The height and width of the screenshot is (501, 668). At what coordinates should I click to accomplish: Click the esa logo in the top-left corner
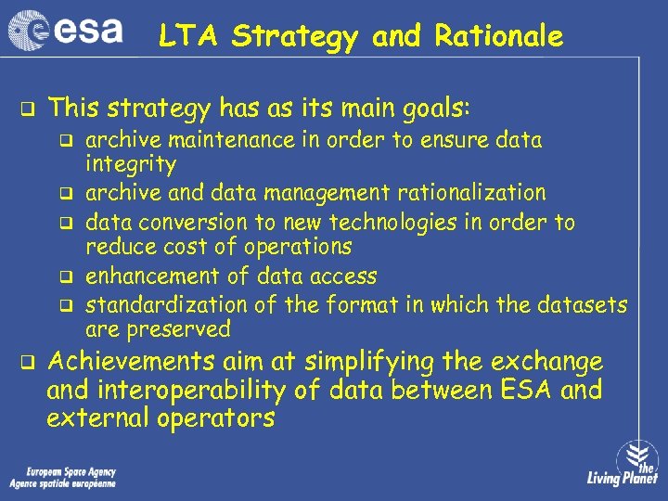[x=65, y=31]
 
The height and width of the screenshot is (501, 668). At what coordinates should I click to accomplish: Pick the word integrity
[x=130, y=166]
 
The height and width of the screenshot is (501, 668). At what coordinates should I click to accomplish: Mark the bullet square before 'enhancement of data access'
[x=67, y=276]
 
